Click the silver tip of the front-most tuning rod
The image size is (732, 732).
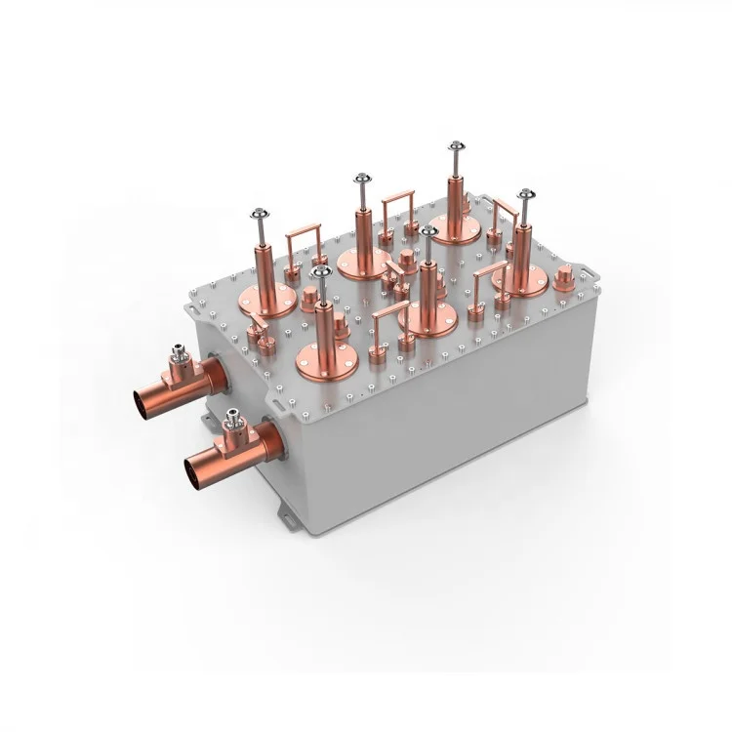[321, 272]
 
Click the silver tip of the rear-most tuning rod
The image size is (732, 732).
[456, 148]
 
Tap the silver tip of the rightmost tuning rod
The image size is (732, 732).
[525, 195]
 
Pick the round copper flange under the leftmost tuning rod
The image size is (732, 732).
[266, 299]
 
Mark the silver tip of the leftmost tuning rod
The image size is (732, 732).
[260, 215]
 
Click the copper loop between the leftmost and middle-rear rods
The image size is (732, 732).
[303, 248]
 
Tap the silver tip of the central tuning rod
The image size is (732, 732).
[428, 233]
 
